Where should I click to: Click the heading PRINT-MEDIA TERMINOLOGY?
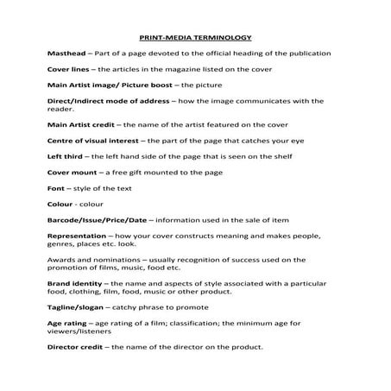pos(196,38)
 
